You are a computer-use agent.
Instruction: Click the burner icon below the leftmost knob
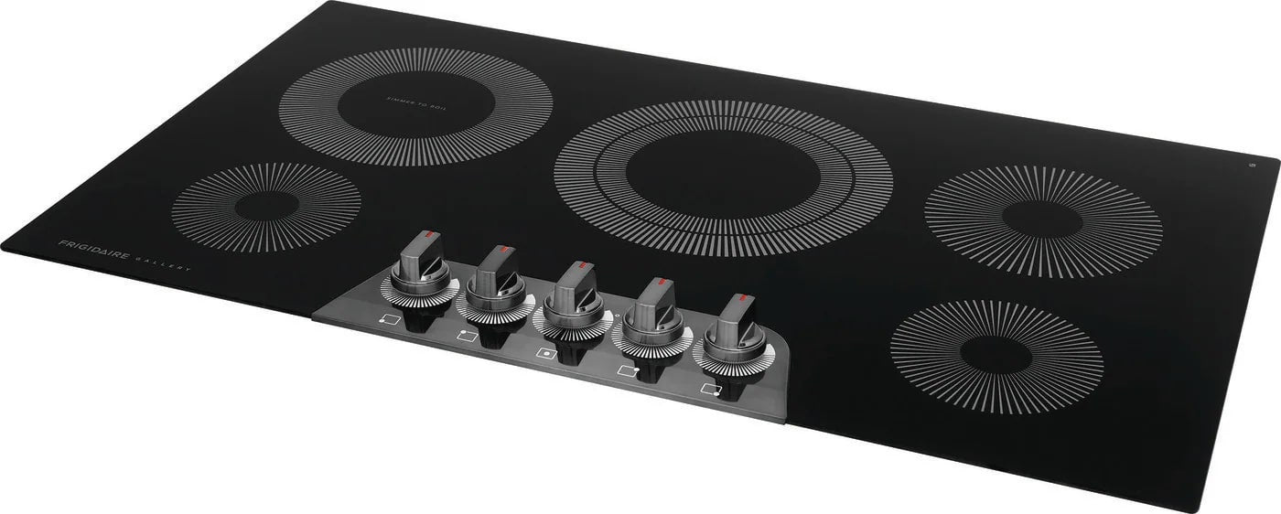click(388, 320)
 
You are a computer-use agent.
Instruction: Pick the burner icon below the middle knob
click(546, 353)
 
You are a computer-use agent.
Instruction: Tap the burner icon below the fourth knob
click(628, 370)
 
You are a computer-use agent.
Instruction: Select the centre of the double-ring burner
click(723, 178)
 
